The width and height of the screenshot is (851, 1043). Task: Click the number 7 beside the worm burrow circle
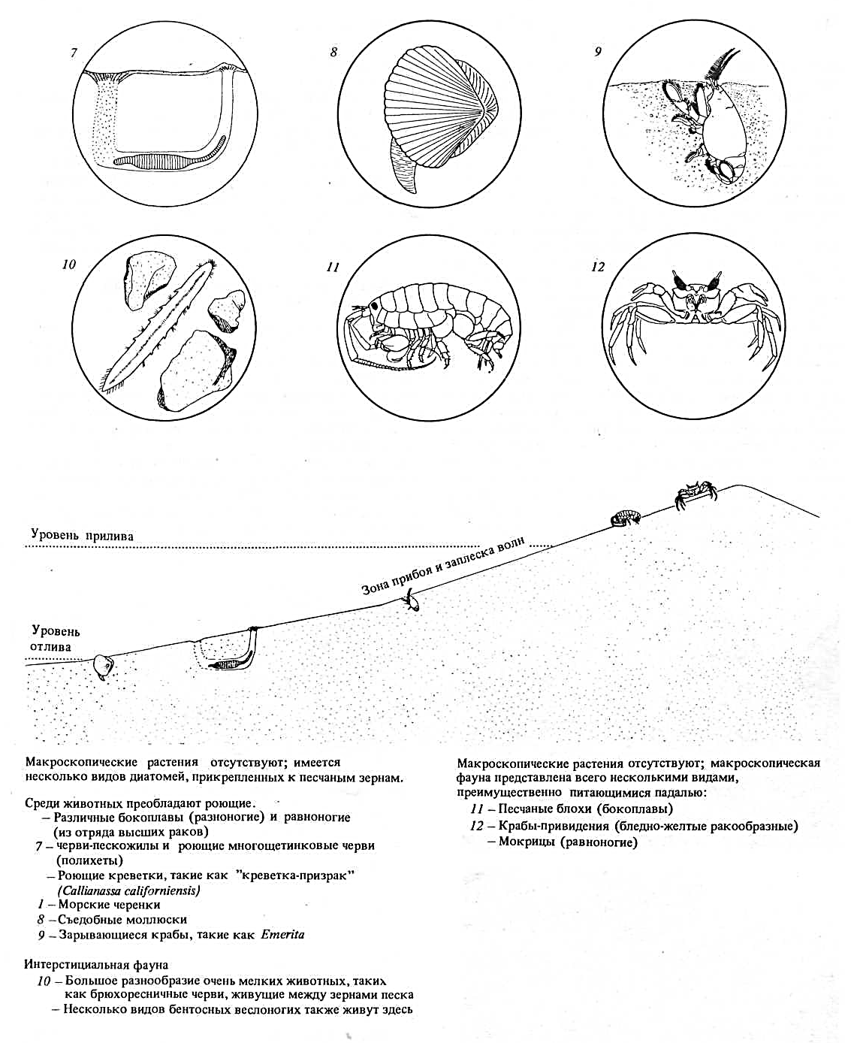[74, 54]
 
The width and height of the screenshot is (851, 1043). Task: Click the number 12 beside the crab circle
[598, 267]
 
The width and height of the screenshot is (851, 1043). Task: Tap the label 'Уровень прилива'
[82, 536]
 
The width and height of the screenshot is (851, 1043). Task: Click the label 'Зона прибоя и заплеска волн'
[443, 567]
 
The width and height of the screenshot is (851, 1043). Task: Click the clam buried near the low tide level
[101, 666]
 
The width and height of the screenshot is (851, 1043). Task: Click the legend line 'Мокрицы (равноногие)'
[568, 842]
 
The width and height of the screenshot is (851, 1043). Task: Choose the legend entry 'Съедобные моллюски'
[122, 919]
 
